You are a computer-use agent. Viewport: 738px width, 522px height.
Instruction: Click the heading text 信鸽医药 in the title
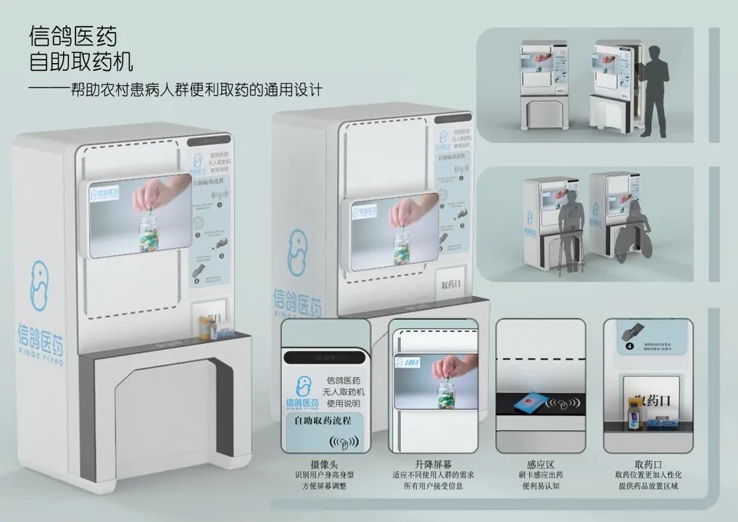coord(72,36)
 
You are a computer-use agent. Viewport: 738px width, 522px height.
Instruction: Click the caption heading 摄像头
coord(325,464)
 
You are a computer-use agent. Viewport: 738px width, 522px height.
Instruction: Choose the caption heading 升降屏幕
coord(433,464)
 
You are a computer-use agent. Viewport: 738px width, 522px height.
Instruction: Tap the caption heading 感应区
coord(541,464)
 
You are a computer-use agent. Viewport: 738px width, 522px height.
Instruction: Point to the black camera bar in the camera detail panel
coord(323,357)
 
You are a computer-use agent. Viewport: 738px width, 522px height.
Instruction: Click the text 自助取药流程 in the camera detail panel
coord(323,420)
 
